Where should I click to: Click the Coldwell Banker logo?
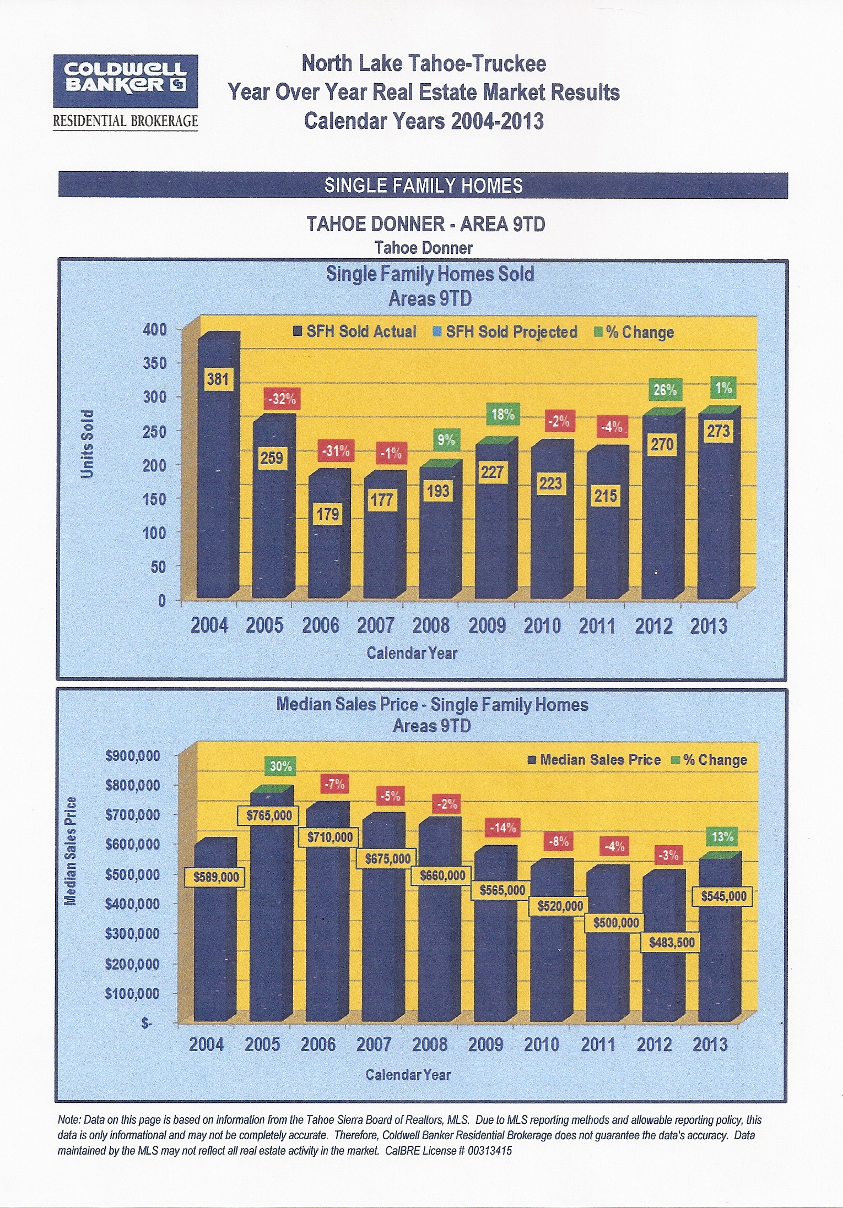coord(125,81)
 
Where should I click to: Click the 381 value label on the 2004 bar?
coord(217,379)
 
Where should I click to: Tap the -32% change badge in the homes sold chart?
coord(282,399)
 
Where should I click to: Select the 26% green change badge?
coord(664,390)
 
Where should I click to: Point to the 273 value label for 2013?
coord(718,431)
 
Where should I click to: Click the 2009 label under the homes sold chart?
coord(487,626)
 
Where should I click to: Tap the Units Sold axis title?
coord(88,443)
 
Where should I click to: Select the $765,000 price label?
coord(269,815)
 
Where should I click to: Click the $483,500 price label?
coord(671,942)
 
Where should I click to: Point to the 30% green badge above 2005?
coord(280,766)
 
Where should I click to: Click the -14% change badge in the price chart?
coord(502,828)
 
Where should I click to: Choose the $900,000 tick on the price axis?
coord(133,755)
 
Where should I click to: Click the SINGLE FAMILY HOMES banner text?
coord(423,186)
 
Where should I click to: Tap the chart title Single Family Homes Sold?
coord(430,274)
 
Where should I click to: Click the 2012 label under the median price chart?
coord(654,1044)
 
